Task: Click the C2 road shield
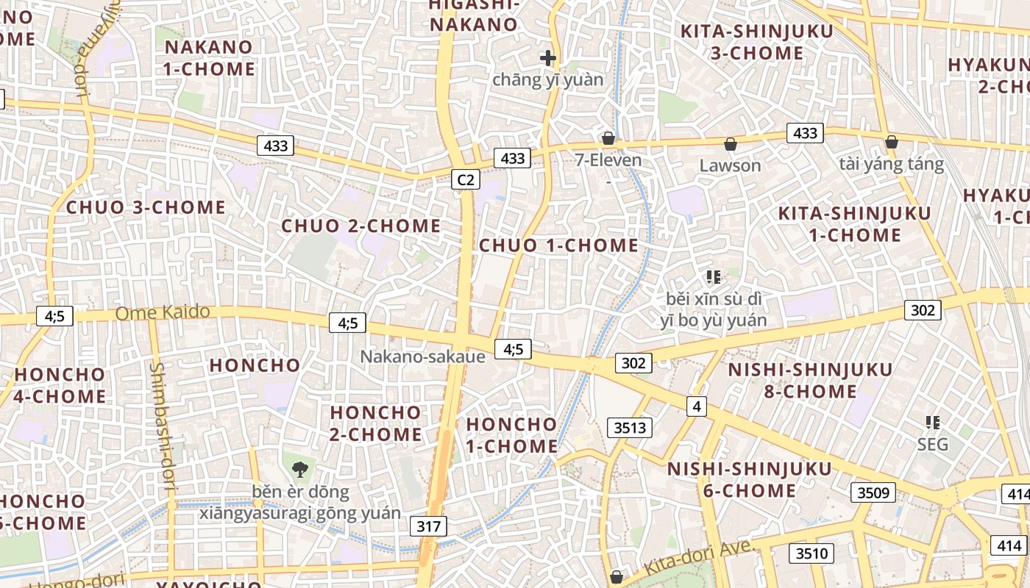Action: coord(466,179)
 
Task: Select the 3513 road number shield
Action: coord(630,428)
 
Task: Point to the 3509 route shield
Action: coord(874,492)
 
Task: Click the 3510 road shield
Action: coord(811,553)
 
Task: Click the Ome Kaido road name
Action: coord(163,313)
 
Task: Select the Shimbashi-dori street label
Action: coord(163,426)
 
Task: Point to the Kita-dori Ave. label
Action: coord(699,558)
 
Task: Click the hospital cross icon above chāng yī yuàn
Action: coord(547,57)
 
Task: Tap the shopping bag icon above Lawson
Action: coord(730,144)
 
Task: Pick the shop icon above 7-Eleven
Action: coord(608,138)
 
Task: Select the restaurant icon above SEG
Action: coord(933,423)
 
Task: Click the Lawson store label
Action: coord(730,165)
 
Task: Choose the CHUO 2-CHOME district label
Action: coord(361,226)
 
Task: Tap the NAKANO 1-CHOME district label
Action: coord(210,58)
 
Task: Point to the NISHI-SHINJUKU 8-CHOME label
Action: coord(810,380)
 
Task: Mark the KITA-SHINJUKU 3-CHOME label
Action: coord(757,42)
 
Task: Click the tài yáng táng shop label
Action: coord(891,163)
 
